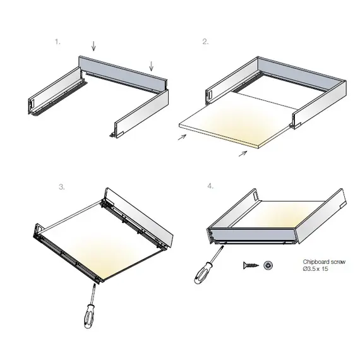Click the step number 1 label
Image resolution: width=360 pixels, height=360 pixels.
pos(57,42)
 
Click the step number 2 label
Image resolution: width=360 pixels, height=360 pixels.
pos(205,42)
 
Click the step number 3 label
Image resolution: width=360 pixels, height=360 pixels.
pos(61,187)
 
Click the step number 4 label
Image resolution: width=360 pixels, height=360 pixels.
pos(209,187)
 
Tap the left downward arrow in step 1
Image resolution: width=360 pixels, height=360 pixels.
pos(93,45)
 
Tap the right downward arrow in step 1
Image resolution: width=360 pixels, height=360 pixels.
pos(151,65)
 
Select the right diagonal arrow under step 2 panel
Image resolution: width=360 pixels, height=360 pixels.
pos(243,153)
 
